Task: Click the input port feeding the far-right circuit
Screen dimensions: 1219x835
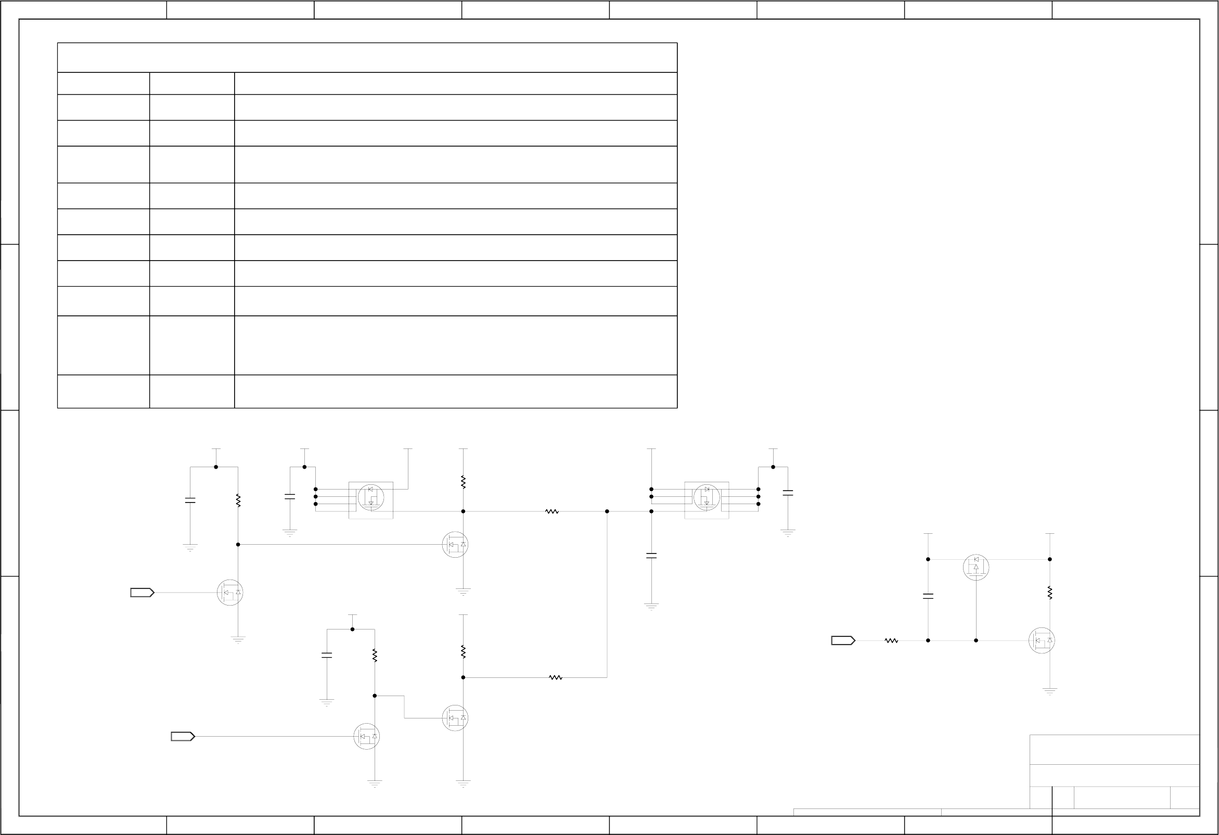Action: [842, 640]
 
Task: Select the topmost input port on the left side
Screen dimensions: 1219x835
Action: [142, 593]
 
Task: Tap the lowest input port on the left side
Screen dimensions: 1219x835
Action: [183, 736]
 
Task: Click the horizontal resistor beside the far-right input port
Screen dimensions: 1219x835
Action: [891, 640]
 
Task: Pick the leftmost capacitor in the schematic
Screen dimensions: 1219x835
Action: [190, 501]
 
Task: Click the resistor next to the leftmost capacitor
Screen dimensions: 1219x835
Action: [238, 500]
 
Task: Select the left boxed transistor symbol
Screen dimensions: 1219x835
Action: [371, 497]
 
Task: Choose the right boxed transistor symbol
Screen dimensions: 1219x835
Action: [707, 497]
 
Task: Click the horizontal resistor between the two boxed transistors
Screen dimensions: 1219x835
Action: [552, 511]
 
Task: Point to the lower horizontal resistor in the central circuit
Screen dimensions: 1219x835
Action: [556, 678]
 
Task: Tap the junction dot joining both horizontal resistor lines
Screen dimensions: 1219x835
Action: [607, 511]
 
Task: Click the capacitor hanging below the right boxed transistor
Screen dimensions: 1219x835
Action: [651, 556]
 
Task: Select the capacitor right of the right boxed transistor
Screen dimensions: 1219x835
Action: [788, 493]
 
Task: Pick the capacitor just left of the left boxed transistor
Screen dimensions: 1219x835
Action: [290, 496]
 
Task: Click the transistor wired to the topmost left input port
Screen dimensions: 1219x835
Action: [230, 593]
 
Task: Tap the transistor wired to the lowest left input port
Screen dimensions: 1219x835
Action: [367, 736]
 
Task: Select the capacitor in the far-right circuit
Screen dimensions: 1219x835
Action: [928, 596]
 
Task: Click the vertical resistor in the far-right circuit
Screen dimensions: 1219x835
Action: [1049, 593]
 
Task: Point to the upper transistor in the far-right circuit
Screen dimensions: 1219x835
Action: [976, 567]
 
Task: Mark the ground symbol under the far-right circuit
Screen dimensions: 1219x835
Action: [1049, 691]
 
